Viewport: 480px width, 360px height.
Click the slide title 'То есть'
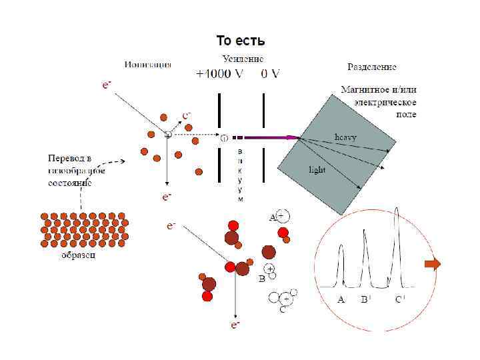pos(241,41)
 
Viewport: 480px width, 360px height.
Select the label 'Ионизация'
pos(147,65)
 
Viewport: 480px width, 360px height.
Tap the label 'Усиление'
pos(243,59)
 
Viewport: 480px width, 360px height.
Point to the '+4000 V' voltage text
pos(220,75)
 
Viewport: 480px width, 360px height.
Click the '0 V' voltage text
pos(269,75)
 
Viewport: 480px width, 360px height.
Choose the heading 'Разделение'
pos(373,67)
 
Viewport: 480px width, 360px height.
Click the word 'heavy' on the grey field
pos(345,136)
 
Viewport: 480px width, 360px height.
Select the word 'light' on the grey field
pos(317,169)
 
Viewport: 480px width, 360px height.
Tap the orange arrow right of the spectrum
pos(433,265)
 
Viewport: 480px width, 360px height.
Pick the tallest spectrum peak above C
pos(398,213)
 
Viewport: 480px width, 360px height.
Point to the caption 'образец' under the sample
pos(79,255)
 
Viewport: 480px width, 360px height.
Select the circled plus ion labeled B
pos(270,269)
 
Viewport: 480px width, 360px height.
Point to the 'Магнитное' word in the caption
pos(364,89)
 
